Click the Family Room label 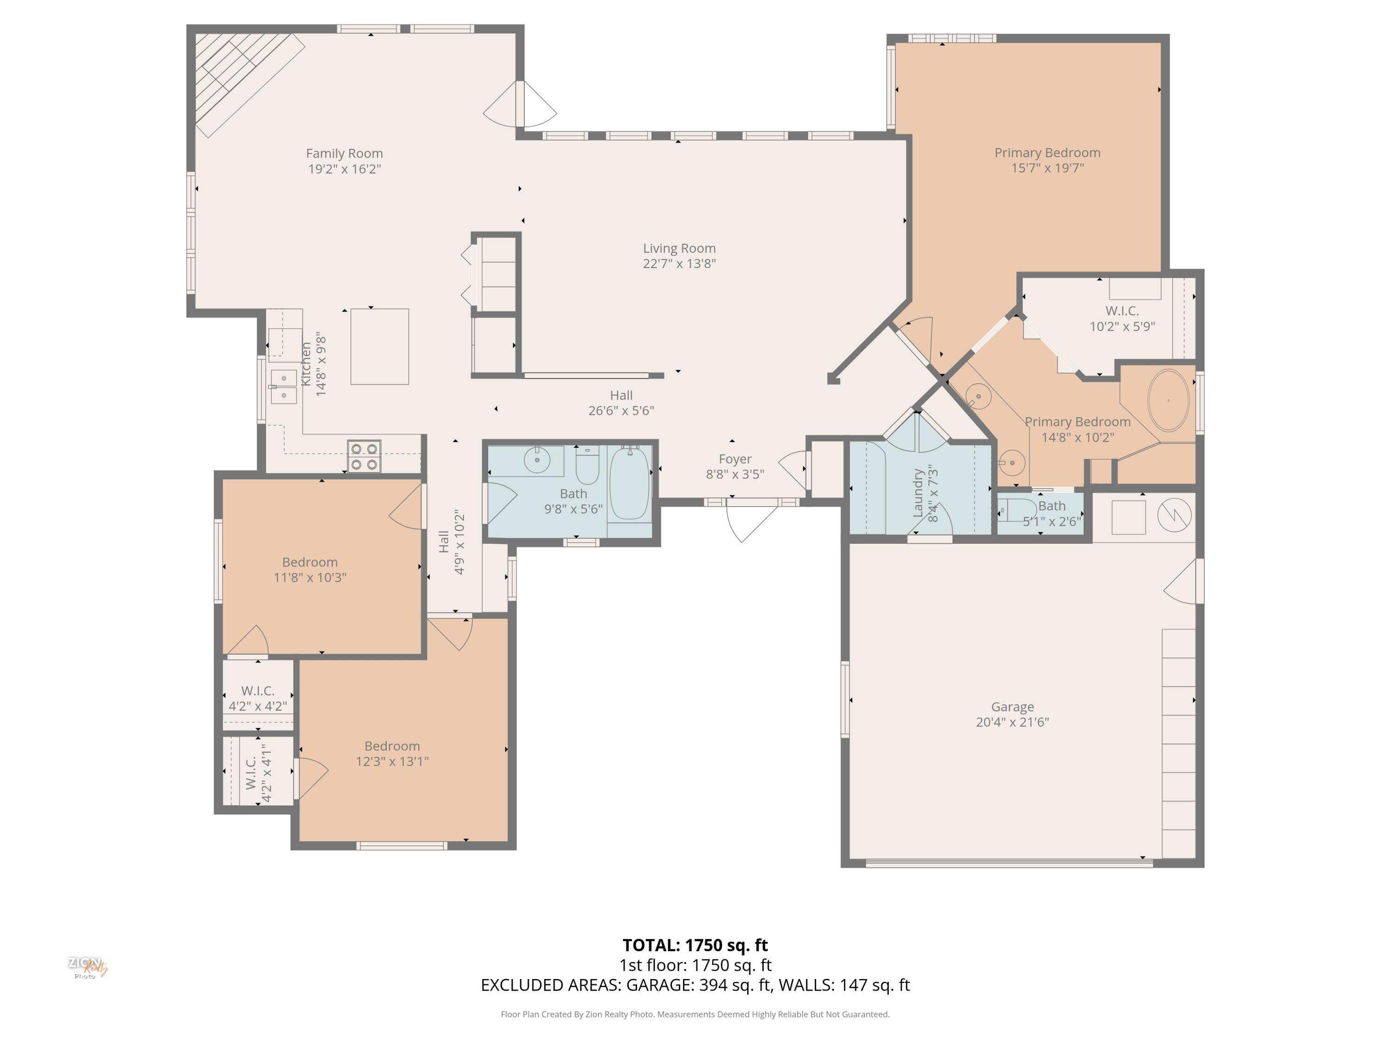[x=344, y=153]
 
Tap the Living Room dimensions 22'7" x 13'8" [x=679, y=263]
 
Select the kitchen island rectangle [x=379, y=346]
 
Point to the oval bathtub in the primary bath [x=1168, y=401]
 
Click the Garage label [x=1012, y=706]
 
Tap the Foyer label [x=734, y=459]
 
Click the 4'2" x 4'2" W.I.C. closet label [x=258, y=698]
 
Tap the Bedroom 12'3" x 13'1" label [x=392, y=753]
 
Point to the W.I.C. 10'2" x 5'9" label [x=1122, y=318]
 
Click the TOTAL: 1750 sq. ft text [x=695, y=945]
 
